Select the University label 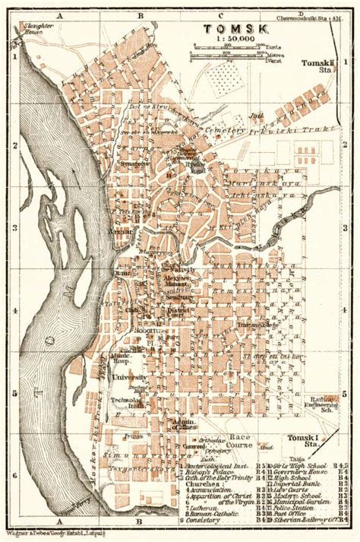point(129,377)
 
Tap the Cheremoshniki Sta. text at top point(317,14)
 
